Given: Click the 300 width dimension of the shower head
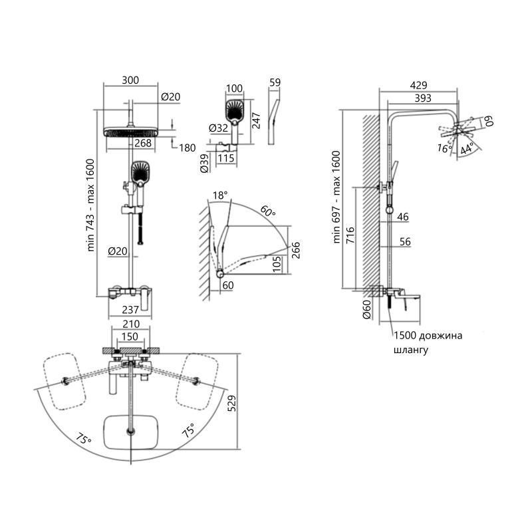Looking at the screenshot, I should tap(130, 80).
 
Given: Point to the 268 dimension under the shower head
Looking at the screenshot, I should tap(143, 142).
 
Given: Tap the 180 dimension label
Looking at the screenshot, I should tap(187, 148).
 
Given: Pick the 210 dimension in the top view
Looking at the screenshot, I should tap(130, 325).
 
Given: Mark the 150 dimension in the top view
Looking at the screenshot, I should tap(130, 336).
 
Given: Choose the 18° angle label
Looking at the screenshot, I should tap(219, 196).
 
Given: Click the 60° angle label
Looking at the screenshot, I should tap(267, 212).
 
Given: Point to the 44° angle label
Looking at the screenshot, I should tap(467, 148).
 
